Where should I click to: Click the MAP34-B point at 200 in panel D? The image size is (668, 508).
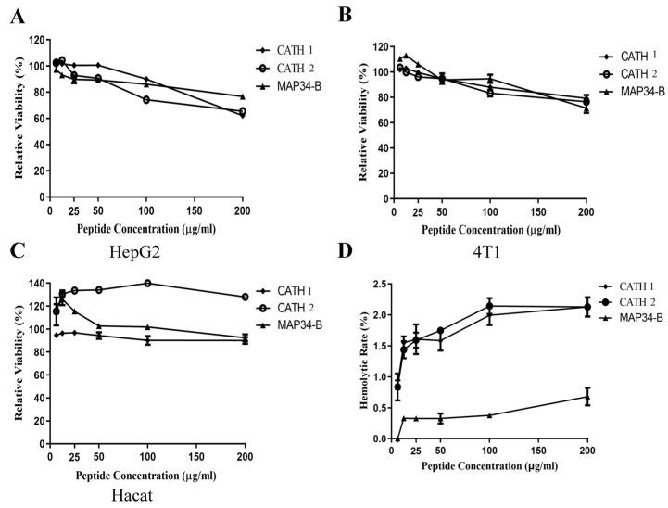click(x=586, y=397)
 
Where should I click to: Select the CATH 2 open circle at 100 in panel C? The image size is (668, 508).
click(x=146, y=283)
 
